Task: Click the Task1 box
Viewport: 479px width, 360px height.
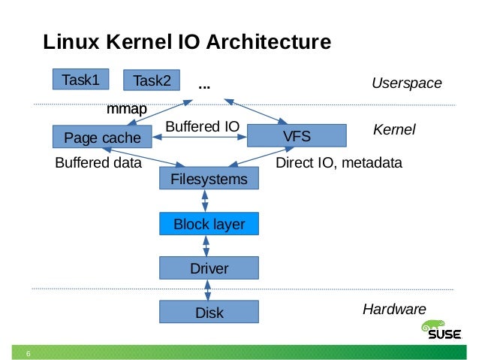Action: pyautogui.click(x=80, y=79)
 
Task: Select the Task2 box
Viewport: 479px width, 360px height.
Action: pyautogui.click(x=152, y=80)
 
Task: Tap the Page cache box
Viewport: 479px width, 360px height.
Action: pyautogui.click(x=102, y=137)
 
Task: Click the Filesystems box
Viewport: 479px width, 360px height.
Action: pyautogui.click(x=209, y=179)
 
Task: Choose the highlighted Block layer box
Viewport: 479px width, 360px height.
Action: pyautogui.click(x=209, y=223)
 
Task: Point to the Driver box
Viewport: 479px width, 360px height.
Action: pyautogui.click(x=209, y=268)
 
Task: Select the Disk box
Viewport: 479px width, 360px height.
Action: pyautogui.click(x=209, y=312)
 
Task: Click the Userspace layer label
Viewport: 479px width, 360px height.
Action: pyautogui.click(x=406, y=83)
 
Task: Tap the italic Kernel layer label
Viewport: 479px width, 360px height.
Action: pyautogui.click(x=394, y=131)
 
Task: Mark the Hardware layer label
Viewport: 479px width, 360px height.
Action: pyautogui.click(x=394, y=309)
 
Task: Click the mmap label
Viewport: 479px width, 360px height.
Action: pyautogui.click(x=126, y=110)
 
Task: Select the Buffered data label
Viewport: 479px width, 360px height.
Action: pyautogui.click(x=98, y=162)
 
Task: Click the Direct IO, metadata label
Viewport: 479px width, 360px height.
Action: pyautogui.click(x=339, y=162)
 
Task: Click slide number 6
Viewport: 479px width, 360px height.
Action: pyautogui.click(x=28, y=354)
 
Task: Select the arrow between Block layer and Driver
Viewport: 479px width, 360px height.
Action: pyautogui.click(x=206, y=245)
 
